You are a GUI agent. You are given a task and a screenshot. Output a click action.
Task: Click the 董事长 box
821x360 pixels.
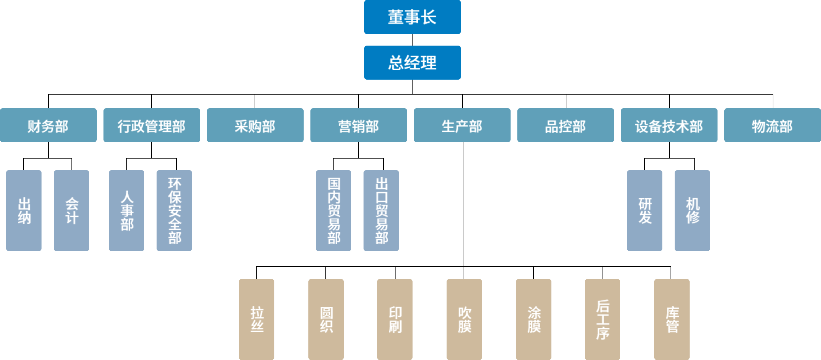click(412, 17)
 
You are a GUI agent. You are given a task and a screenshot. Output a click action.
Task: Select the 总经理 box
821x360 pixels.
click(412, 63)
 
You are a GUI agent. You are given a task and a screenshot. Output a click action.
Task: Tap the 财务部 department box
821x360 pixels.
click(48, 125)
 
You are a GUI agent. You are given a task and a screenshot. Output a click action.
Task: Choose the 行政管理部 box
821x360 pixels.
click(151, 125)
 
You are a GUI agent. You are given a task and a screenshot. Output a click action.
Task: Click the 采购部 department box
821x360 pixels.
click(255, 125)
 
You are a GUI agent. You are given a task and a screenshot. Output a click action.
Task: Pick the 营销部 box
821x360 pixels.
click(358, 125)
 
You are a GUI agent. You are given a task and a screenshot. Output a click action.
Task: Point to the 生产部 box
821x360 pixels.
click(462, 125)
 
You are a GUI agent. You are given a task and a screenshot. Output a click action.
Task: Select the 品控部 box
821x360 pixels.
click(565, 125)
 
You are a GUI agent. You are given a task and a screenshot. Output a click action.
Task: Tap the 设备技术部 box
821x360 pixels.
click(669, 125)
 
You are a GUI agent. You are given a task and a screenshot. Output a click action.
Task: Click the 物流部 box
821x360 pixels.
click(772, 125)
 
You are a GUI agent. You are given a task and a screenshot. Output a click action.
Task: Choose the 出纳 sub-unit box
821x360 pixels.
click(24, 211)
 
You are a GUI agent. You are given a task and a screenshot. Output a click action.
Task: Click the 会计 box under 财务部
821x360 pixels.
click(71, 211)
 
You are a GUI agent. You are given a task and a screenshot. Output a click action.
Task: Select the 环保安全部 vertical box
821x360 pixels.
click(174, 211)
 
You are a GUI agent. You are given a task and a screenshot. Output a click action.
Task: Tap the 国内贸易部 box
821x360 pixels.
click(334, 211)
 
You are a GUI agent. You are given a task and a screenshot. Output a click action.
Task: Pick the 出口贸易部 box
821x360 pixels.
click(381, 211)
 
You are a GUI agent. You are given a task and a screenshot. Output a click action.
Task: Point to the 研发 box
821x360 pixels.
click(645, 211)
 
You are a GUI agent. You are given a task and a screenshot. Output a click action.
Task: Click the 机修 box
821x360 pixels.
click(692, 211)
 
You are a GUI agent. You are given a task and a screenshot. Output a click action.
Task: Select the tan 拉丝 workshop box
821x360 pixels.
click(257, 319)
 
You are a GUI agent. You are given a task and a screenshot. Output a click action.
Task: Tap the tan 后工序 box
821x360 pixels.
click(602, 319)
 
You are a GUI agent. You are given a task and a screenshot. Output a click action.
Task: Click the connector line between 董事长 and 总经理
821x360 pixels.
click(412, 40)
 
